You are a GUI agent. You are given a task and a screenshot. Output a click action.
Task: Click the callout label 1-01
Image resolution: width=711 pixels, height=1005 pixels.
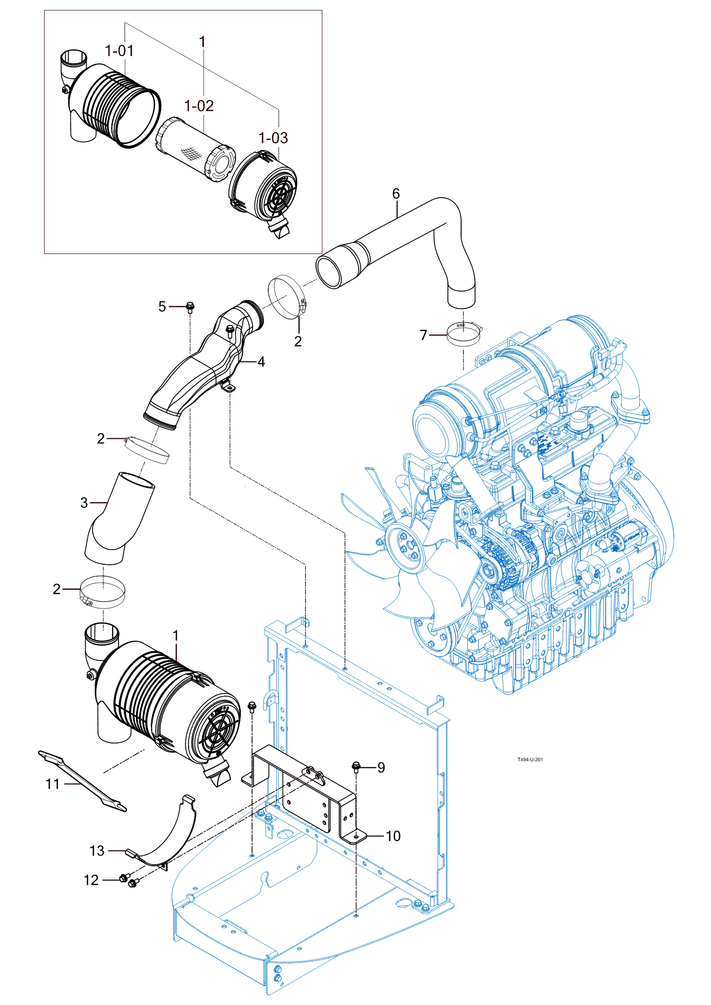point(119,51)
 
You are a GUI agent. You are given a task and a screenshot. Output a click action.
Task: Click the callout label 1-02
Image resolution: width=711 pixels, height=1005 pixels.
point(199,106)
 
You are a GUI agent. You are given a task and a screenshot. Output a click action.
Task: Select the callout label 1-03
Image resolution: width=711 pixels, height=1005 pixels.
point(273,138)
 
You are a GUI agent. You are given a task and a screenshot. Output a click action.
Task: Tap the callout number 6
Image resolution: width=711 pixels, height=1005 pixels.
point(396,193)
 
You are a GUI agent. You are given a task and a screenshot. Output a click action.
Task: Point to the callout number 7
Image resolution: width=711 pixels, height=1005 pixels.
point(423,335)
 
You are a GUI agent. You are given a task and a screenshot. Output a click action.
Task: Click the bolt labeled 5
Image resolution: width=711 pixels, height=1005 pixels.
point(190,307)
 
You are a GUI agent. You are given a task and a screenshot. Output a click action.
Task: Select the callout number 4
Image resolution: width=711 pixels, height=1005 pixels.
point(261,362)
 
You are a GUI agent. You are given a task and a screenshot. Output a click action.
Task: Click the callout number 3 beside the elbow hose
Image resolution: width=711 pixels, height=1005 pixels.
point(84,503)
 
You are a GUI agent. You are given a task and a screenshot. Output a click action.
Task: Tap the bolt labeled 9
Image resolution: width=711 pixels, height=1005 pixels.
point(356,766)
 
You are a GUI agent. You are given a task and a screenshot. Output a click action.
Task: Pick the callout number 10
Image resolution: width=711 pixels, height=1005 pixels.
point(393,836)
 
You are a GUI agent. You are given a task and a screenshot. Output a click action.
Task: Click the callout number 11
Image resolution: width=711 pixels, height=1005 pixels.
point(53,784)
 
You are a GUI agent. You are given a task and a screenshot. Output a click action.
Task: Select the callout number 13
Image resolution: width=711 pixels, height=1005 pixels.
point(97,851)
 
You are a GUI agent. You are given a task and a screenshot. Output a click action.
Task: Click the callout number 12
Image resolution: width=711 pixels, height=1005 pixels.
point(91,880)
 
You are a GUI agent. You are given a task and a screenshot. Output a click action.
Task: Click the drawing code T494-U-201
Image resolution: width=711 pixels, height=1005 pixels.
point(530,760)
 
